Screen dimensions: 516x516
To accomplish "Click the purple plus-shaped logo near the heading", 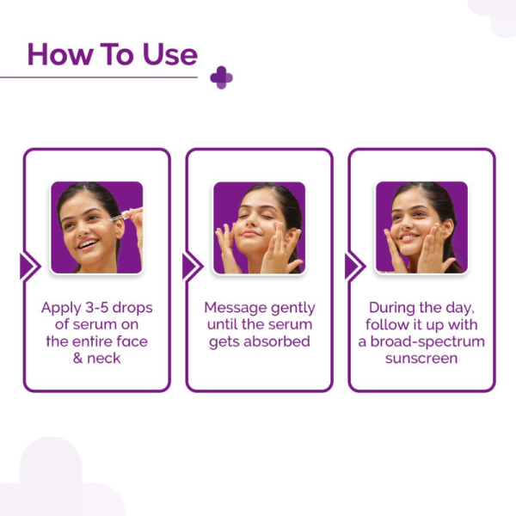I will [221, 77].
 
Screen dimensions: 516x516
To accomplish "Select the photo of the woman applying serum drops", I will [96, 227].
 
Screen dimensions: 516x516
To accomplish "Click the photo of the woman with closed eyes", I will [259, 227].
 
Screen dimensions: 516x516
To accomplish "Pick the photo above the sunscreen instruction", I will [421, 227].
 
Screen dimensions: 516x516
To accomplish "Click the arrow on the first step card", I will [28, 267].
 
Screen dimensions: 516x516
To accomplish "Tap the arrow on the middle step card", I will [191, 267].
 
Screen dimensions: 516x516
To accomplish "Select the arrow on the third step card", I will [353, 267].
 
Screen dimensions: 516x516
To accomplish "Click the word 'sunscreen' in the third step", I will [421, 358].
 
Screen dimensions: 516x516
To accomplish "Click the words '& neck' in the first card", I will [96, 358].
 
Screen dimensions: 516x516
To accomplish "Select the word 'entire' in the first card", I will [95, 341].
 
